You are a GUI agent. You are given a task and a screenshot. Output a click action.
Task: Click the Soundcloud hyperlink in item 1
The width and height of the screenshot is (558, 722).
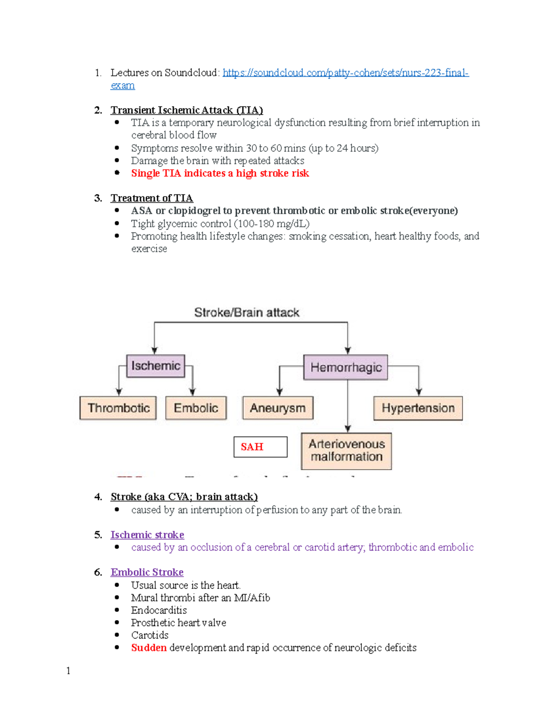(x=345, y=73)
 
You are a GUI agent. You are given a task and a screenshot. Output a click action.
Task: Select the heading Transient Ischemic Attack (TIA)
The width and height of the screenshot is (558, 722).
(x=186, y=110)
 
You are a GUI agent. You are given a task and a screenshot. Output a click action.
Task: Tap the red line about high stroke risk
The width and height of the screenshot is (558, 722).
(x=220, y=173)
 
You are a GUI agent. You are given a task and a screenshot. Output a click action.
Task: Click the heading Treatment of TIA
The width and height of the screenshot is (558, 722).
(x=152, y=198)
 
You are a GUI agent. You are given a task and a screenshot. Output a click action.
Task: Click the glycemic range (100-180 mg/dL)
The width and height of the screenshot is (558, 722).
(x=272, y=224)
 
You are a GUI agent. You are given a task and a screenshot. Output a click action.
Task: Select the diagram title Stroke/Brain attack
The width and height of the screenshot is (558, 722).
(x=246, y=312)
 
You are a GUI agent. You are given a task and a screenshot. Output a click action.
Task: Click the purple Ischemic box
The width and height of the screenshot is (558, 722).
(x=155, y=366)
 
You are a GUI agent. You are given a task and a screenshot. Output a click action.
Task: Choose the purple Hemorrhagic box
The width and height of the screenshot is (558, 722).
(x=345, y=367)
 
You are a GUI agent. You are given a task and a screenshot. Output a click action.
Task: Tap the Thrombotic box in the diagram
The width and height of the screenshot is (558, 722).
(x=118, y=408)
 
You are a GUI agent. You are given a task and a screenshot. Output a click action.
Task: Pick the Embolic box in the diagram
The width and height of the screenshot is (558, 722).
(x=196, y=408)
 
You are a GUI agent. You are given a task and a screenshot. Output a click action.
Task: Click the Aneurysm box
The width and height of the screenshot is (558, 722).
(x=278, y=408)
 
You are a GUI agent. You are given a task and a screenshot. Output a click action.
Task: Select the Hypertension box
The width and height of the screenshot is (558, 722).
(x=418, y=408)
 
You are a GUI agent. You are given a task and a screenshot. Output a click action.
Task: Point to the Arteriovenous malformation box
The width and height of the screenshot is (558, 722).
(x=346, y=450)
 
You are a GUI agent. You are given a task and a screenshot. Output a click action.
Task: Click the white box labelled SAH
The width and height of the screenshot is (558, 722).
(x=260, y=447)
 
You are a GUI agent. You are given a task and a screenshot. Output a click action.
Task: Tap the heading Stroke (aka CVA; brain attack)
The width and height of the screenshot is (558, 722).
(x=184, y=497)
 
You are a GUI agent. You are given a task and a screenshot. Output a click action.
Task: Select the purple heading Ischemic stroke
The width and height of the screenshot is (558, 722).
(x=147, y=535)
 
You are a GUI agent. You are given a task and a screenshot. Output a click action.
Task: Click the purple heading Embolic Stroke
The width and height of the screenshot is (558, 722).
(x=147, y=572)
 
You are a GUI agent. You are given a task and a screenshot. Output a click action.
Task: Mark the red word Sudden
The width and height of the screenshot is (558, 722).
(x=149, y=648)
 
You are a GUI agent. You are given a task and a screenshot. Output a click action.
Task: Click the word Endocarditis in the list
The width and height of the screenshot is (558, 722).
(x=159, y=610)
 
